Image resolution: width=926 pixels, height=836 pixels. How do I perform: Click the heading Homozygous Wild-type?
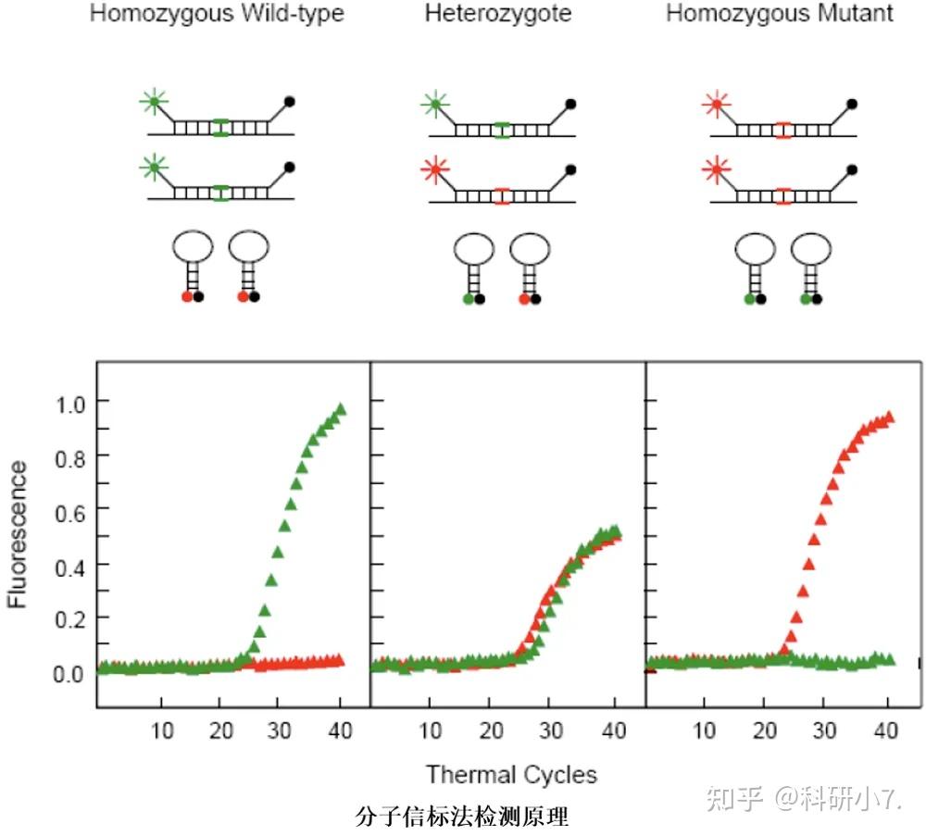(216, 15)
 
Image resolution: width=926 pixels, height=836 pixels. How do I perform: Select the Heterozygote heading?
(498, 15)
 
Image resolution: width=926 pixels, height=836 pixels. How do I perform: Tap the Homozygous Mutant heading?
(780, 15)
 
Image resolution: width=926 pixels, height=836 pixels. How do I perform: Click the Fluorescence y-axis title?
(19, 535)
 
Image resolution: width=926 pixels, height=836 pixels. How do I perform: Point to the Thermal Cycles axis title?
(511, 774)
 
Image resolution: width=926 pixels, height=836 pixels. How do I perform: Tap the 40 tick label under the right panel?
(887, 731)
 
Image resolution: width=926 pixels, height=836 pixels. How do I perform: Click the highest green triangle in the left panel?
(340, 409)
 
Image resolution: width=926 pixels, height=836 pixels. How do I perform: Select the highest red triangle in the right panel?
(889, 418)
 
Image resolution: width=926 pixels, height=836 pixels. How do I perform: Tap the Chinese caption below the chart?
(461, 817)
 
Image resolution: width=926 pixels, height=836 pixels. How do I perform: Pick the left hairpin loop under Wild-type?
(193, 246)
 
